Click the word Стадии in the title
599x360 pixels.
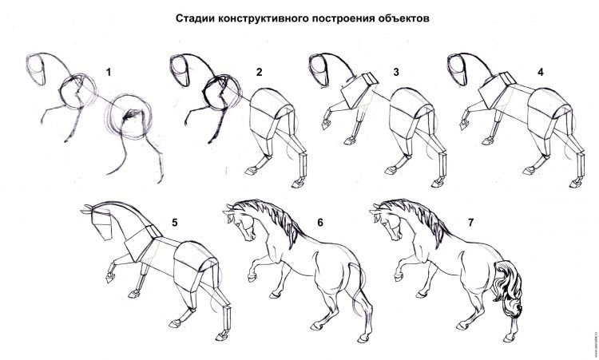coord(196,18)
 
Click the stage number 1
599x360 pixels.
coord(109,72)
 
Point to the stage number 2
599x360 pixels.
coord(260,72)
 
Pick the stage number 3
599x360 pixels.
coord(396,72)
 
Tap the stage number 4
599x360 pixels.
coord(540,72)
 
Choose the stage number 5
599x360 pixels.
coord(175,222)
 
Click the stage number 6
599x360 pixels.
coord(320,222)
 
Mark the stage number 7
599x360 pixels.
coord(470,222)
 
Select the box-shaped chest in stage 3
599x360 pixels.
coord(359,89)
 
